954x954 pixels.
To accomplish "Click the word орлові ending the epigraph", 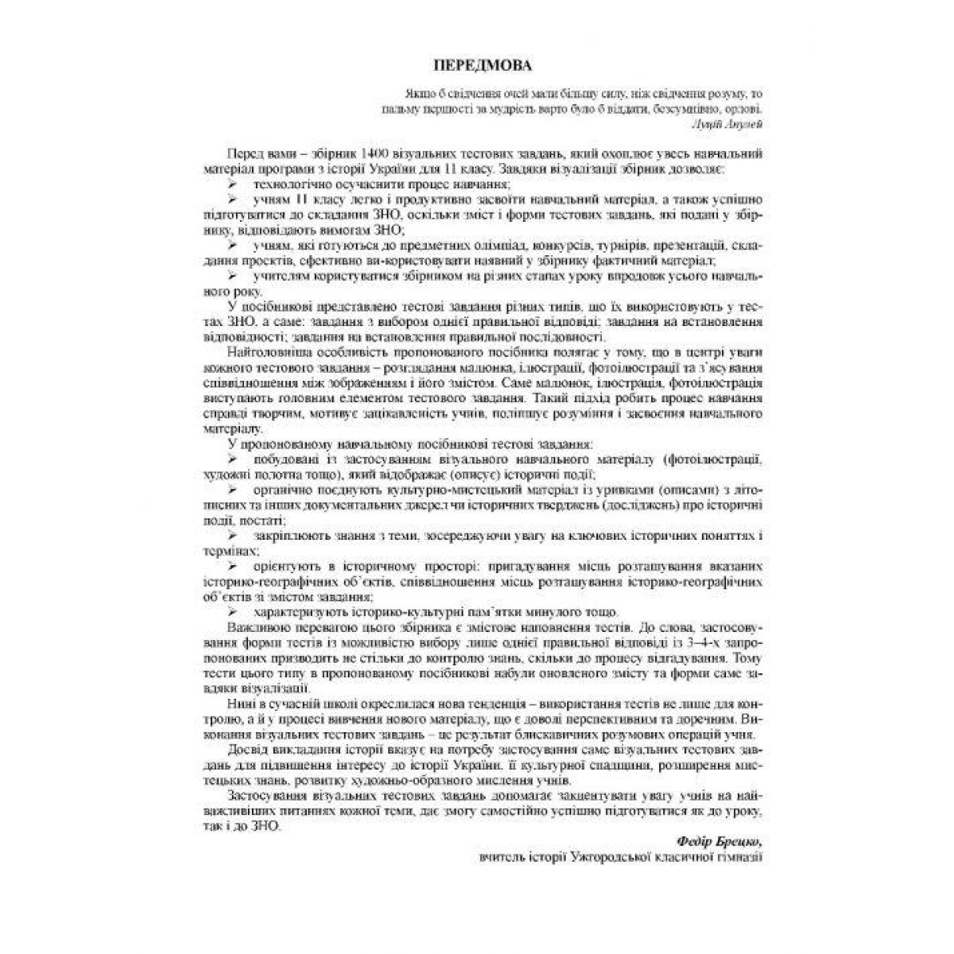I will (745, 109).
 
